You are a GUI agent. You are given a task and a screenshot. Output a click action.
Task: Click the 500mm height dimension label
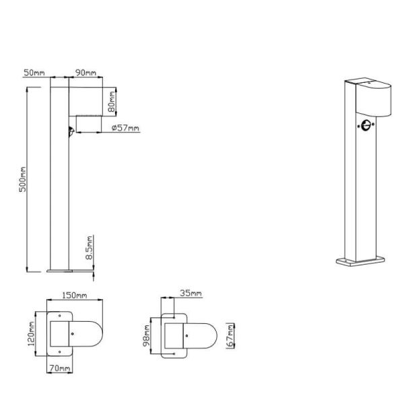(x=23, y=179)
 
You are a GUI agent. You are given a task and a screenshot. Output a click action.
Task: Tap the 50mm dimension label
(x=34, y=73)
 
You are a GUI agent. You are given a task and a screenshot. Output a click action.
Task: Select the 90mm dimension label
(x=86, y=73)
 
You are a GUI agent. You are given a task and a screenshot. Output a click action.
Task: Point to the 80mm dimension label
(x=112, y=102)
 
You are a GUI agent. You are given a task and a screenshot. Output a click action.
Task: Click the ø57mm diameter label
(x=125, y=128)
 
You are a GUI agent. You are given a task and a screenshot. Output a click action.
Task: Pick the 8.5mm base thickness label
(x=89, y=247)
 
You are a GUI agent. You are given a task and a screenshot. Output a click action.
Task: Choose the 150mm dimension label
(x=75, y=296)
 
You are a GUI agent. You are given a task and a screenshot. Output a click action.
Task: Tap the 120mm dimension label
(x=31, y=334)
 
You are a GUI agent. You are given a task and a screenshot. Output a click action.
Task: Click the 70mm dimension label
(x=60, y=368)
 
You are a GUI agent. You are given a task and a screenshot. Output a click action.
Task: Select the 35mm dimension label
(x=191, y=293)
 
